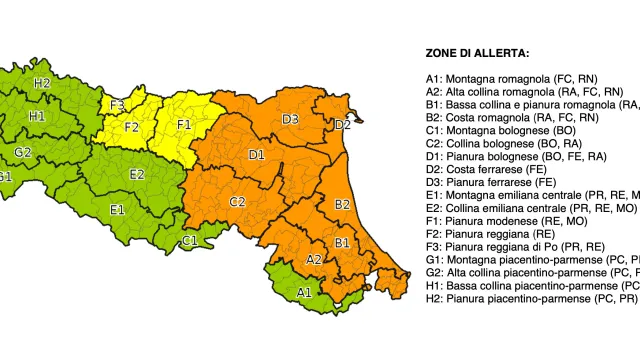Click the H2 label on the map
tap(41, 83)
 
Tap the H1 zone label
tap(37, 116)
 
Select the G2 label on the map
tap(23, 152)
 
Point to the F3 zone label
tap(117, 105)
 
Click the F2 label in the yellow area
tap(132, 127)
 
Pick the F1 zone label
tap(184, 125)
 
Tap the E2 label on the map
tap(137, 174)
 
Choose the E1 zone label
tap(117, 209)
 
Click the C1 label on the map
tap(190, 240)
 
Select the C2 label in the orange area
tap(238, 202)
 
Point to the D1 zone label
tap(256, 155)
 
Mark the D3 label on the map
tap(290, 120)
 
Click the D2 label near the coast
tap(342, 125)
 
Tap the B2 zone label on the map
tap(342, 204)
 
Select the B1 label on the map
tap(341, 242)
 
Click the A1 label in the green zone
tap(303, 292)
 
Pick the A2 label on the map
tap(314, 259)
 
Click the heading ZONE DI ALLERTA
tap(477, 53)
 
